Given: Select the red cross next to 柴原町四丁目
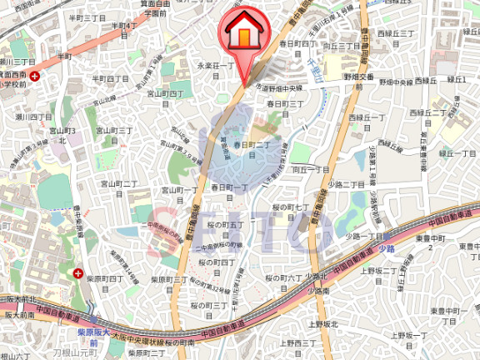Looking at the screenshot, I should tap(78, 273).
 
